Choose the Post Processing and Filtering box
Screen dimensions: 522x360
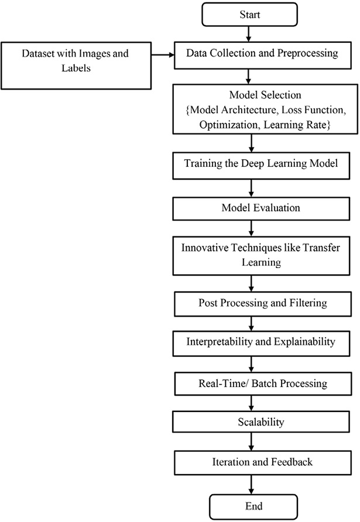tap(251, 304)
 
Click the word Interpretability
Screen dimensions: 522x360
tap(220, 341)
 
